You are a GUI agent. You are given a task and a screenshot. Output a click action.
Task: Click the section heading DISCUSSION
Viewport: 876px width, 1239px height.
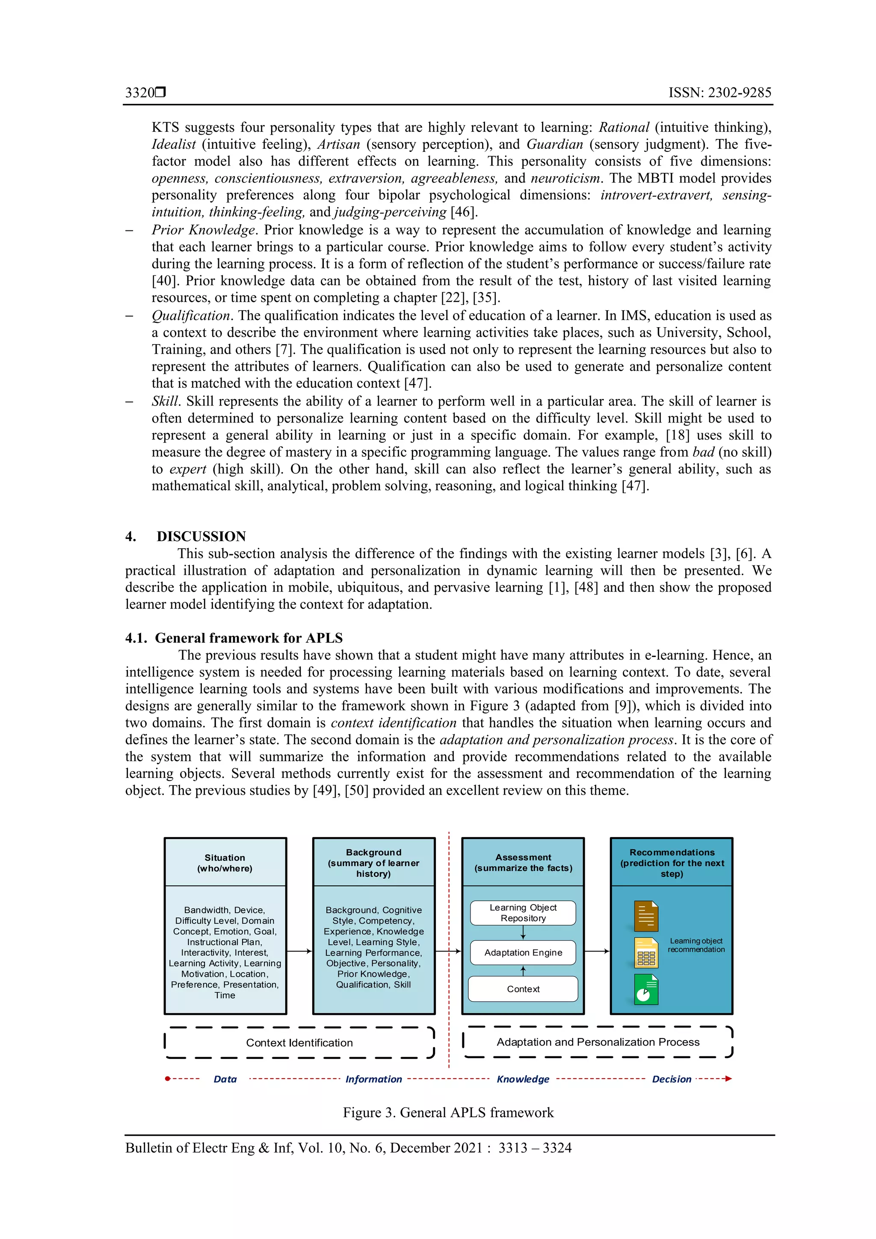[x=201, y=536]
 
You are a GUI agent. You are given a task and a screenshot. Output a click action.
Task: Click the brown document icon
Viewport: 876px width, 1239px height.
[x=646, y=916]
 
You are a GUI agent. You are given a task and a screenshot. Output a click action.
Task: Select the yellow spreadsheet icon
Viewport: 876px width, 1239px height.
[x=646, y=952]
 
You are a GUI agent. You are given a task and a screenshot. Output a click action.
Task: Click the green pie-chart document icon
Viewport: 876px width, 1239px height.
[x=646, y=989]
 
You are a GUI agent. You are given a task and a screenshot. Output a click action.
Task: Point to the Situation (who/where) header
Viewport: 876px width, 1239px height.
[x=225, y=862]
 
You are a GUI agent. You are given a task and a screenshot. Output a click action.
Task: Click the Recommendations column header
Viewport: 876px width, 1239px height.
[x=672, y=862]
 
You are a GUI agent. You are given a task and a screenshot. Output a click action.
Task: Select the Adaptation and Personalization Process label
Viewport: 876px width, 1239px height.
[x=598, y=1042]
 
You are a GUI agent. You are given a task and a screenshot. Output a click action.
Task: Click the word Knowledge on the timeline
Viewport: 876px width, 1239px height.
[x=522, y=1079]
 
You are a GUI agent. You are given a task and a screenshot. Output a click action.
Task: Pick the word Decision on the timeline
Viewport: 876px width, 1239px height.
[x=672, y=1079]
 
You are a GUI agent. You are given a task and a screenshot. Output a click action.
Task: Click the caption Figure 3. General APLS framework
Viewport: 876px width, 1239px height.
[x=448, y=1112]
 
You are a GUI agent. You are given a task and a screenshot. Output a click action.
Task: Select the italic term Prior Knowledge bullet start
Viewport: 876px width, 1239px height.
[x=203, y=230]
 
